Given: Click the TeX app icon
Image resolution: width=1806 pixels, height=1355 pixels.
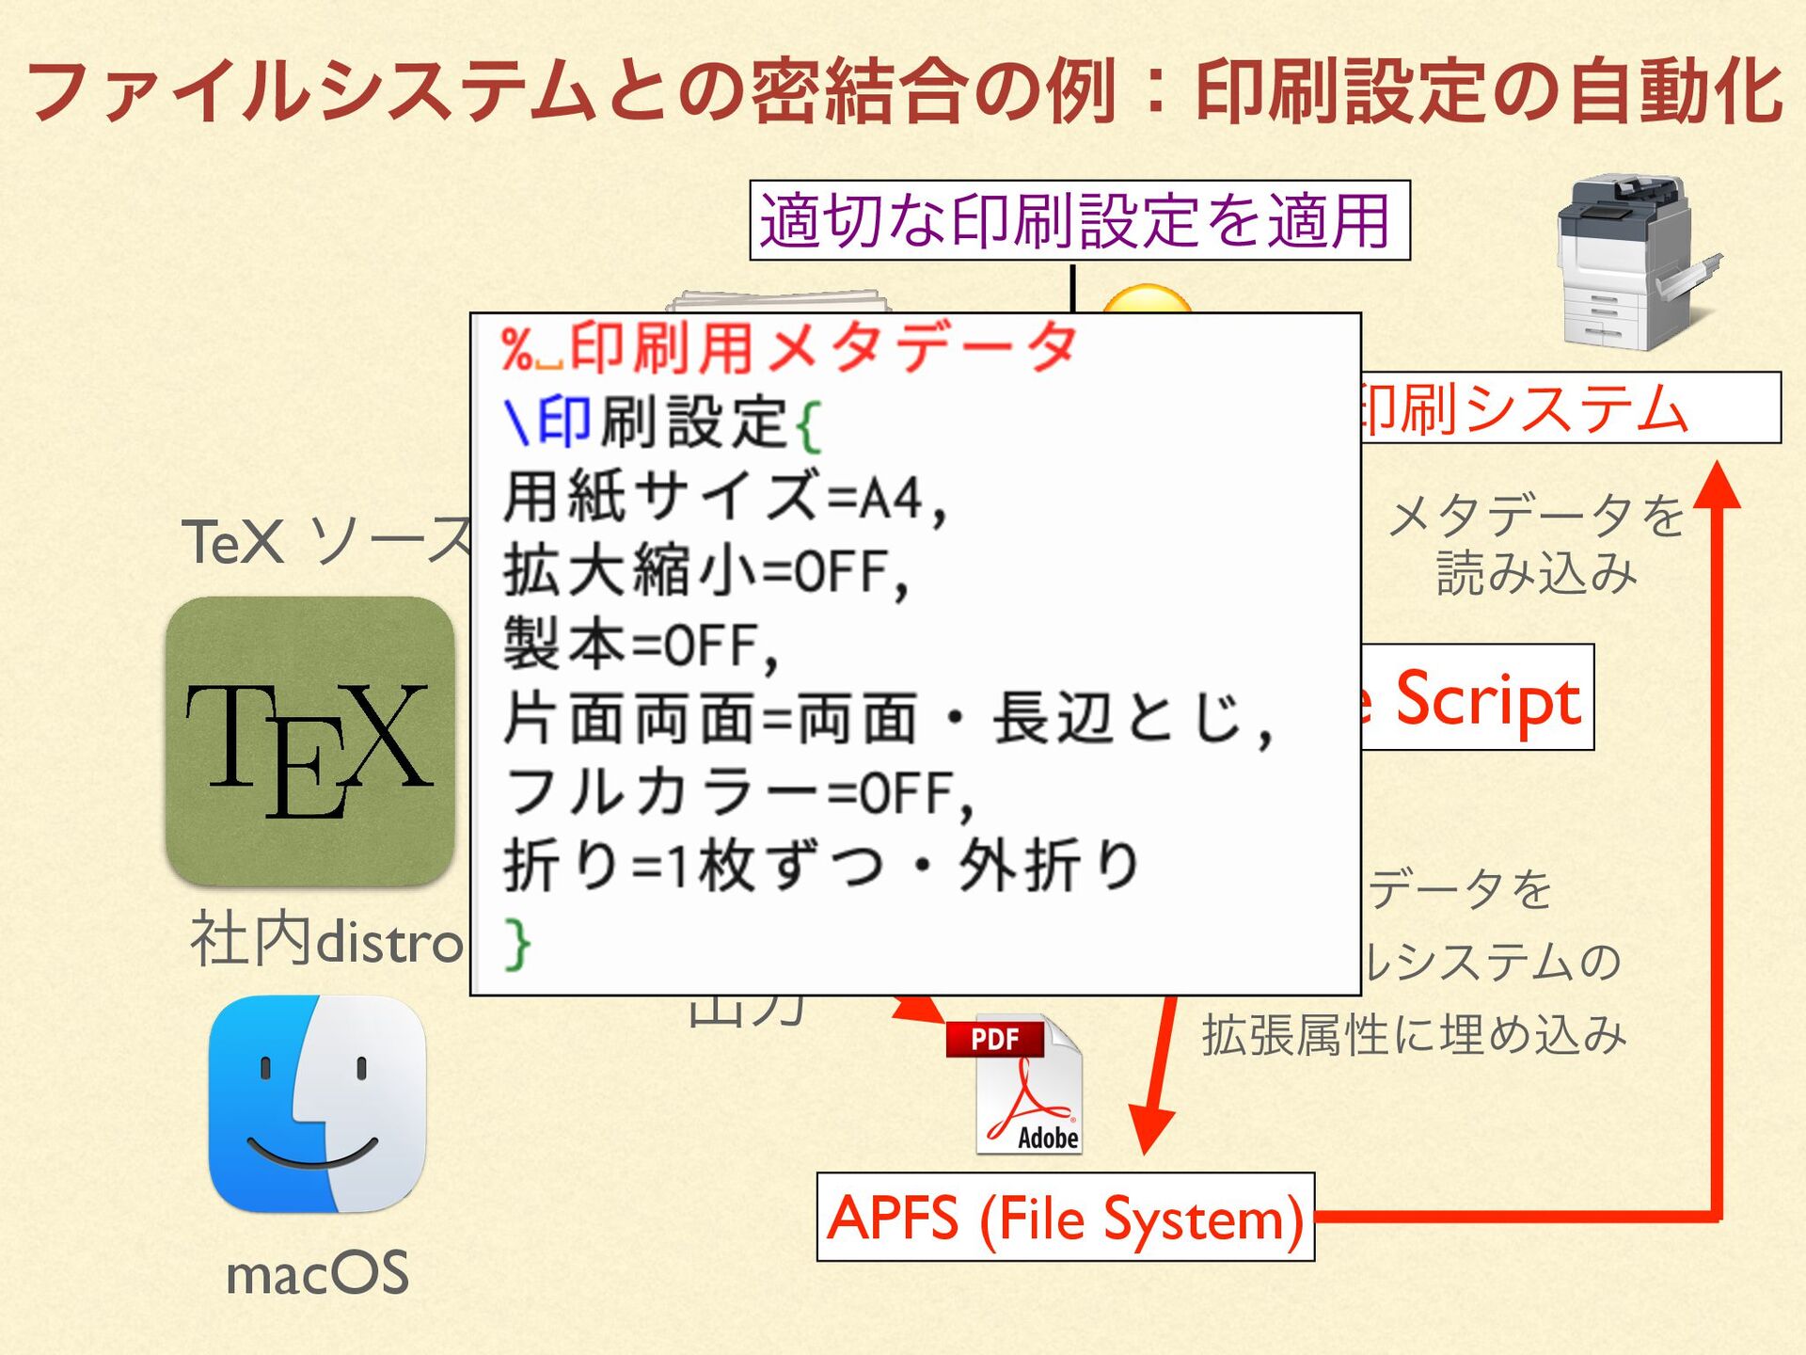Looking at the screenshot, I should (310, 741).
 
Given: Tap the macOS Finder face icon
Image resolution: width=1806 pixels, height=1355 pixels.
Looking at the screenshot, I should (317, 1104).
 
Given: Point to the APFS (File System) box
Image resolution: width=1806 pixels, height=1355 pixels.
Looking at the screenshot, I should (1065, 1217).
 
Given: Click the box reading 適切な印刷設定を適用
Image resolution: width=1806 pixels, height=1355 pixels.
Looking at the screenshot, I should (1079, 220).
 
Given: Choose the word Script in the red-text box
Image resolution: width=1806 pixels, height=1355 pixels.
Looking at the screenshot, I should (1487, 699).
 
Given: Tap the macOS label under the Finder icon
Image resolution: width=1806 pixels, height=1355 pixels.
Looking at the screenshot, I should (317, 1273).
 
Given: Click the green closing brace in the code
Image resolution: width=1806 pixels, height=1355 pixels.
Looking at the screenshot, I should (517, 943).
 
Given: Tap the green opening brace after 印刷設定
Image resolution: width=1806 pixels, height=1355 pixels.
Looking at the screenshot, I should (808, 426).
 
